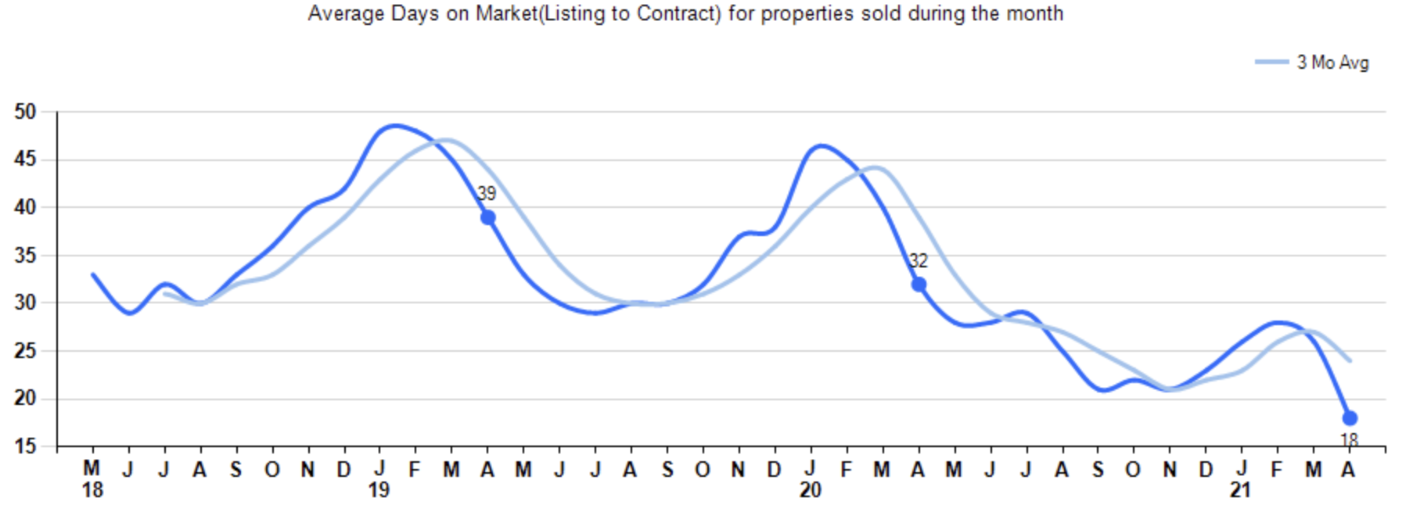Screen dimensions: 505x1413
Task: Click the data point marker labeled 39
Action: click(487, 217)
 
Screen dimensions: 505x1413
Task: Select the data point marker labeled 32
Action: click(919, 285)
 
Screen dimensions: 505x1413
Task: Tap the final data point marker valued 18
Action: click(1350, 418)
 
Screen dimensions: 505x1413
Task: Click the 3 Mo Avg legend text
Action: click(1332, 63)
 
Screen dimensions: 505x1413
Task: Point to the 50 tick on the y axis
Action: click(25, 112)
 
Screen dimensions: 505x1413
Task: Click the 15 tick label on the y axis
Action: click(25, 446)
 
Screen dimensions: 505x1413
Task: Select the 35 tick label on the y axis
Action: click(25, 256)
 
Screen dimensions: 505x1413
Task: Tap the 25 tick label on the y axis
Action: click(25, 351)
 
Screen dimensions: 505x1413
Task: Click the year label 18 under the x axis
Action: click(92, 491)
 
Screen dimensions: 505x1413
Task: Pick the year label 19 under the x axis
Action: click(379, 491)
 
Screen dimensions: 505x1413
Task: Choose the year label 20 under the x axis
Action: click(811, 491)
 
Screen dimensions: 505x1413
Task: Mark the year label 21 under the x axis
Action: click(1241, 491)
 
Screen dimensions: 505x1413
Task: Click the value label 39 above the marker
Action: click(487, 194)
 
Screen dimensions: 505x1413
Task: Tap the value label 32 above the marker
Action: click(918, 261)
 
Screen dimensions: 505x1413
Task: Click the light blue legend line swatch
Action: click(1271, 62)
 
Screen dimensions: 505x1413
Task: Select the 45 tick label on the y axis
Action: click(25, 159)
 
